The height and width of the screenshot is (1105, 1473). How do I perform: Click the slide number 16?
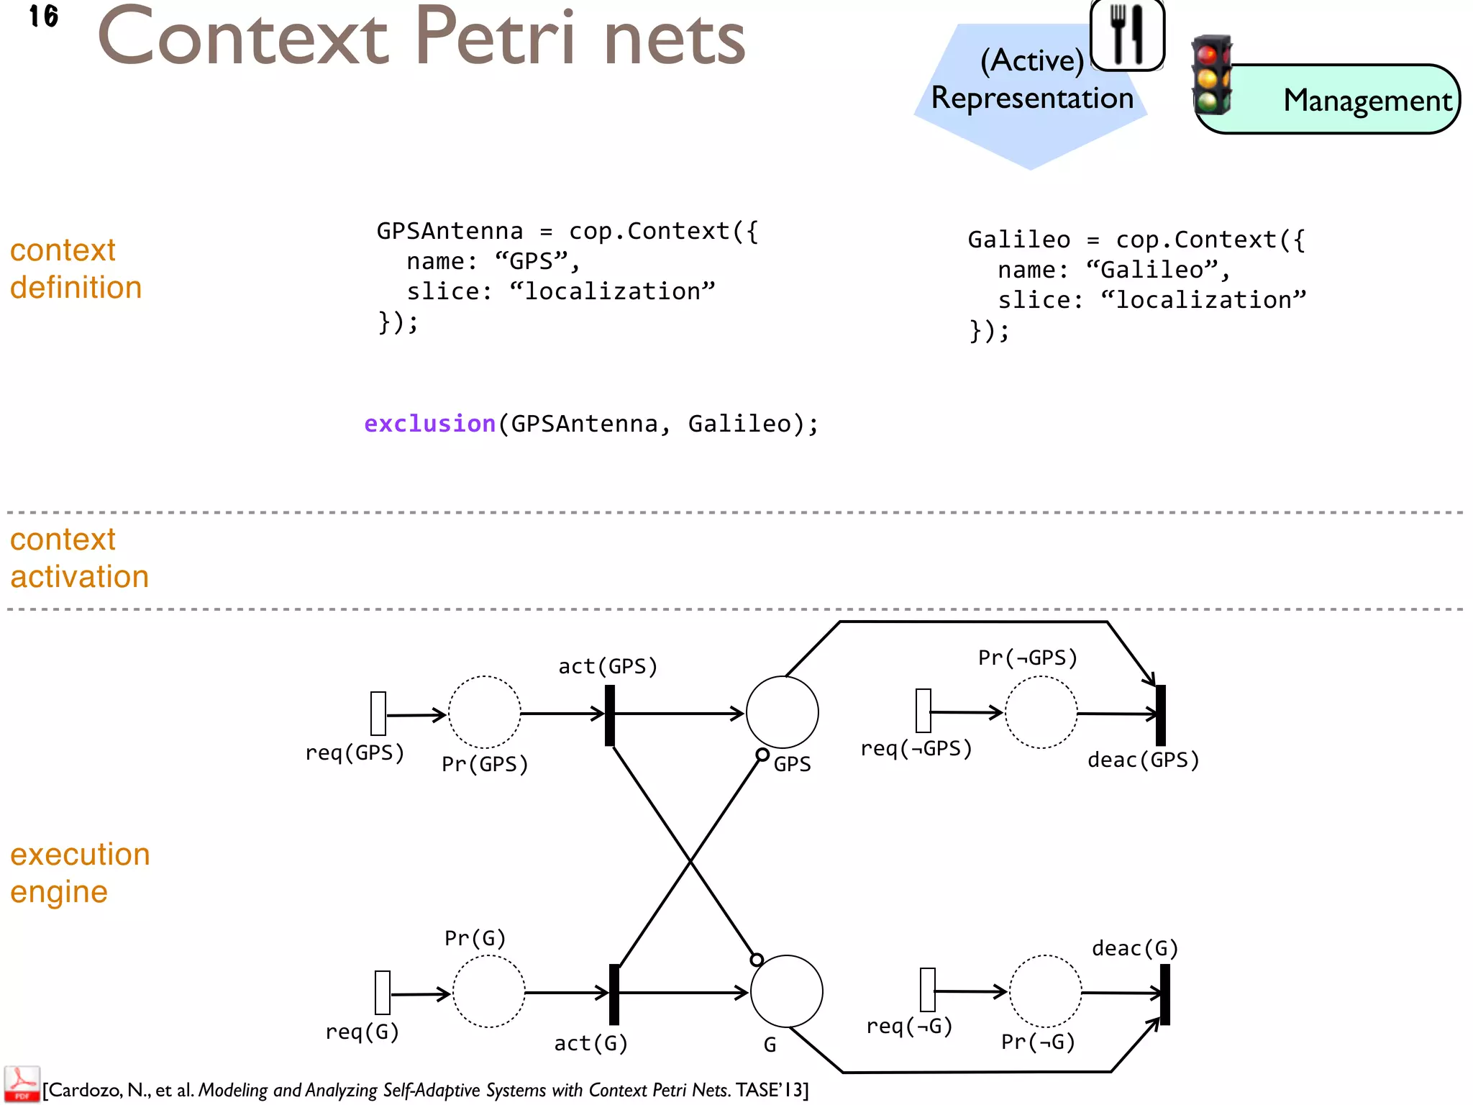point(43,16)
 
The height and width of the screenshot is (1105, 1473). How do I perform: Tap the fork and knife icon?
point(1127,34)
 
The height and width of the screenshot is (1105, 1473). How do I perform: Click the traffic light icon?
point(1211,75)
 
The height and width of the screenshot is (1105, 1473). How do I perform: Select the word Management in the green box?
point(1367,101)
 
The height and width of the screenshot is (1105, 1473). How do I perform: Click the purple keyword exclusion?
point(429,424)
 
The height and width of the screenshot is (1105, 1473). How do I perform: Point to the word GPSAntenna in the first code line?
point(450,232)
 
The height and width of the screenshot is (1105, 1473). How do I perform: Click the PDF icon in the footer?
point(22,1084)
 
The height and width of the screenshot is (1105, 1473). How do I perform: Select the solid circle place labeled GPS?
point(782,712)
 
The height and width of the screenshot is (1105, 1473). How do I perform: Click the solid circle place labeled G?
point(786,991)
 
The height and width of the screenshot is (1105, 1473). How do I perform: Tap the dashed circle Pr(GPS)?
point(484,712)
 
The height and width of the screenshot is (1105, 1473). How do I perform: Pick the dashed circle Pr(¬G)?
point(1045,991)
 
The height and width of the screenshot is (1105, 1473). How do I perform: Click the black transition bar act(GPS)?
point(610,715)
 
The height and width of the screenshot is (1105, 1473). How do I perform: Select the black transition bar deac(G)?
point(1165,994)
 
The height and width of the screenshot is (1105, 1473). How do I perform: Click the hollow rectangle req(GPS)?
point(378,714)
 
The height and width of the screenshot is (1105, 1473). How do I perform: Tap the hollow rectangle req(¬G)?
point(928,990)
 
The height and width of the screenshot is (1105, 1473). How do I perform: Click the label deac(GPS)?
point(1143,760)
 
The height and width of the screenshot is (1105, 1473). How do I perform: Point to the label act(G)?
point(590,1043)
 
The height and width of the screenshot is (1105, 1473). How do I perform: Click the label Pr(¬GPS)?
point(1027,658)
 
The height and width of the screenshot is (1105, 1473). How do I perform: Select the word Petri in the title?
point(496,37)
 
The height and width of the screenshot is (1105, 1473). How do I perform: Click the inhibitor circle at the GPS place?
point(762,755)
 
